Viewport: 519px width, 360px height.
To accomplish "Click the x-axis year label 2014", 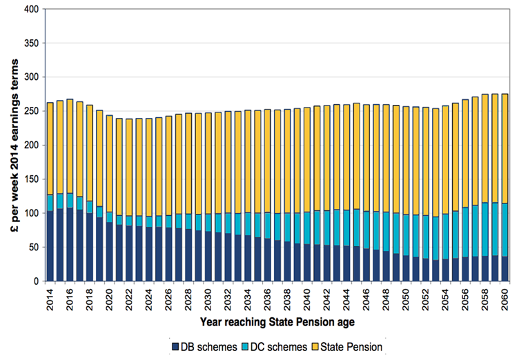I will [50, 297].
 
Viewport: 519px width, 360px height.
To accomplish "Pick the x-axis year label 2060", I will [506, 297].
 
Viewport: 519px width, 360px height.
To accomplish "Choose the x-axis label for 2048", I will [387, 297].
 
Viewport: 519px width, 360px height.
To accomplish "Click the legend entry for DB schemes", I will [205, 346].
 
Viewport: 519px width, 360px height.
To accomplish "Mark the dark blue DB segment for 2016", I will [70, 245].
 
